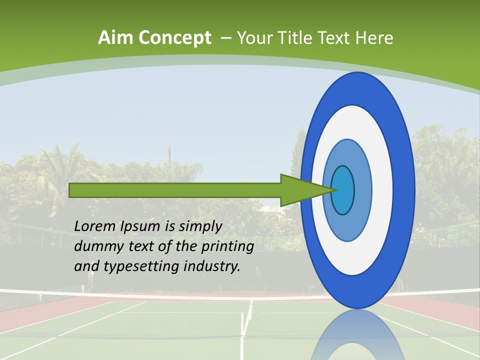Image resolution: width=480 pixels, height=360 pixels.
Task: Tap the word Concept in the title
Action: pyautogui.click(x=175, y=38)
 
